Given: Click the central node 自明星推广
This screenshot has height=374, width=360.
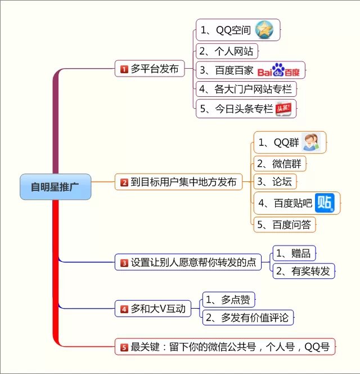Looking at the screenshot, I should [55, 186].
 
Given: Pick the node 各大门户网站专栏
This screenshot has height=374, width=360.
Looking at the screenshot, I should [246, 89].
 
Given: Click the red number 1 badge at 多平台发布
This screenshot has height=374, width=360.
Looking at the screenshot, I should [124, 69].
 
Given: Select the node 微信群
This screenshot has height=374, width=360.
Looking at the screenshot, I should [280, 163].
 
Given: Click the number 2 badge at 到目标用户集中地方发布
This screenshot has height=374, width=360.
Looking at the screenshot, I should [124, 182].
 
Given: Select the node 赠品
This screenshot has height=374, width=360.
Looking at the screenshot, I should [293, 252].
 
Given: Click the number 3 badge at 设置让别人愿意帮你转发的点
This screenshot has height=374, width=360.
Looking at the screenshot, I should [124, 262].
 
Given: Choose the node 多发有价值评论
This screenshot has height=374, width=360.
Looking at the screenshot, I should [247, 318].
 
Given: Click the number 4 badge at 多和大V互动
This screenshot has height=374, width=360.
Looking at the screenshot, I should [124, 309].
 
